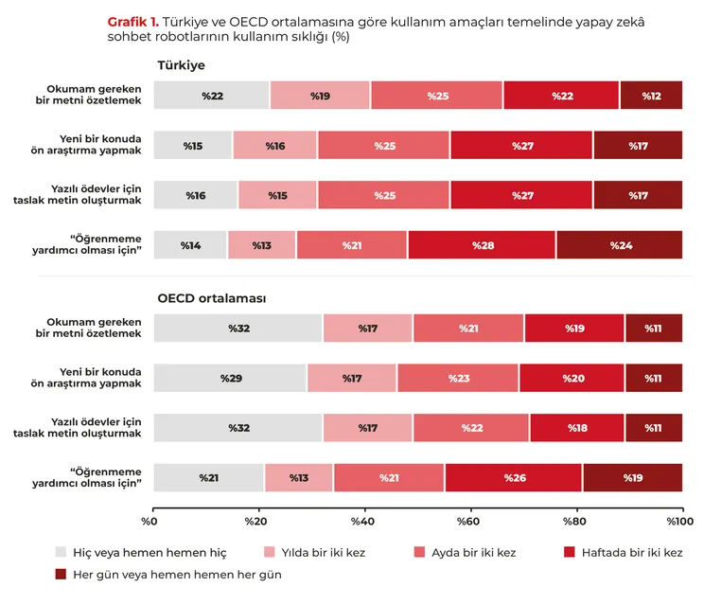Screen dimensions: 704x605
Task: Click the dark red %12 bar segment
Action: [x=651, y=96]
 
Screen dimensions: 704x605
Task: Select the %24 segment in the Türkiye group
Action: [x=620, y=245]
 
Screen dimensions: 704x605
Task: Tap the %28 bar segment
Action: [x=482, y=245]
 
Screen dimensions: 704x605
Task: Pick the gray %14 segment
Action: [x=190, y=245]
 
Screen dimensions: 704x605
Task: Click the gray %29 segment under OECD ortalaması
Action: [x=230, y=378]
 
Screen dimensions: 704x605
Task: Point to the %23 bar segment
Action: [x=458, y=378]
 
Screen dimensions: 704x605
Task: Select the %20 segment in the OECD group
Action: [x=572, y=378]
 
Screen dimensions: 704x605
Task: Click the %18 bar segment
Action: [x=577, y=428]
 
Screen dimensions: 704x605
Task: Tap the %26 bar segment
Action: [x=514, y=477]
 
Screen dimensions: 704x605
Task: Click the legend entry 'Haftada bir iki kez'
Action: [x=624, y=552]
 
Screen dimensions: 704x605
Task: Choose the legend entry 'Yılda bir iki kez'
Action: [x=314, y=552]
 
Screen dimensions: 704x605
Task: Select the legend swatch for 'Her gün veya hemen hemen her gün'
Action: [x=61, y=574]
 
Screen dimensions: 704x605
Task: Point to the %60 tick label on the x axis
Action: [x=467, y=522]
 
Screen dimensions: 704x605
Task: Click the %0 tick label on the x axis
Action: [x=150, y=522]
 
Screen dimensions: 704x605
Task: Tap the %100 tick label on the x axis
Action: [x=679, y=522]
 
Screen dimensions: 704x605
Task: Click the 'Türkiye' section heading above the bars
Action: [x=182, y=65]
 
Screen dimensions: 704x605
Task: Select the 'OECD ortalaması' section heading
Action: [x=211, y=298]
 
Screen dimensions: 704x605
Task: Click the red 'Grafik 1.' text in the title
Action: [x=133, y=22]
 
